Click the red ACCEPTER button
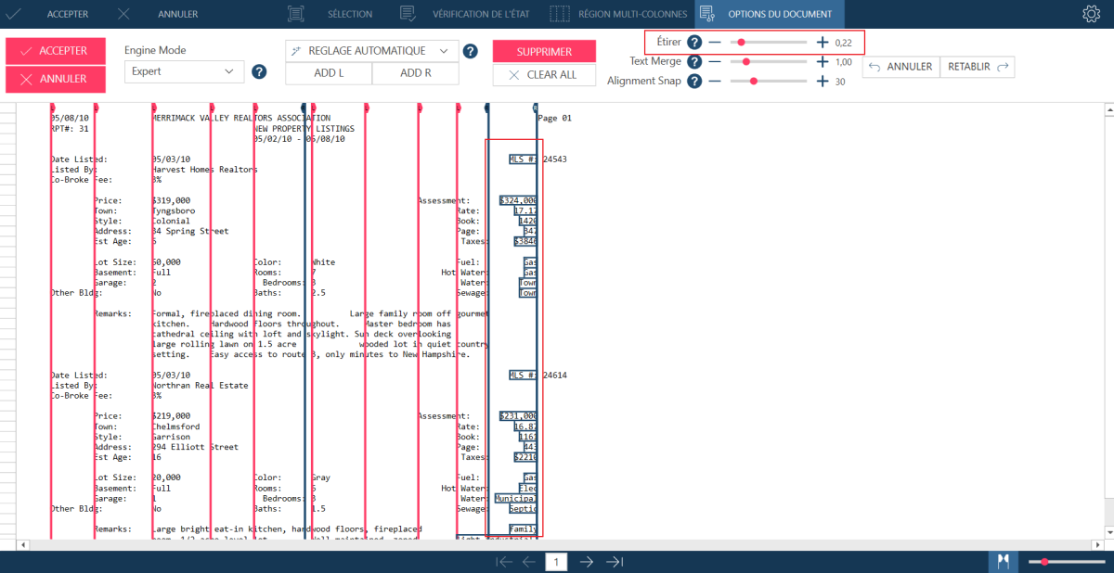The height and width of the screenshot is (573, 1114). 56,51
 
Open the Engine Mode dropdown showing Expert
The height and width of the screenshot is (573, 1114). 184,71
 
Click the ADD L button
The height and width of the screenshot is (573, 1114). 329,73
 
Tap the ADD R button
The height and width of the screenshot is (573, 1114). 415,73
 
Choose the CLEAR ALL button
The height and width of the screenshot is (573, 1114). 544,75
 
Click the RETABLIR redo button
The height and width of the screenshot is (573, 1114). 978,67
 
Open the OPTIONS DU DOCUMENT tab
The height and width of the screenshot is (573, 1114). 770,14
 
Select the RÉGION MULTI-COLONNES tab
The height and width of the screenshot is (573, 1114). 620,14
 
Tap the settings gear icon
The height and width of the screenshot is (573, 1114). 1091,14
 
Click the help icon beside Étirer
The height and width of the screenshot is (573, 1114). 693,43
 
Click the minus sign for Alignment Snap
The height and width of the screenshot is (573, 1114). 715,82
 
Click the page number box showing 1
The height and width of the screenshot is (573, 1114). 557,562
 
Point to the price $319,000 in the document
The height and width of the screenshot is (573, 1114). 172,200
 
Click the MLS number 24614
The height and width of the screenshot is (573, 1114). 554,376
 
